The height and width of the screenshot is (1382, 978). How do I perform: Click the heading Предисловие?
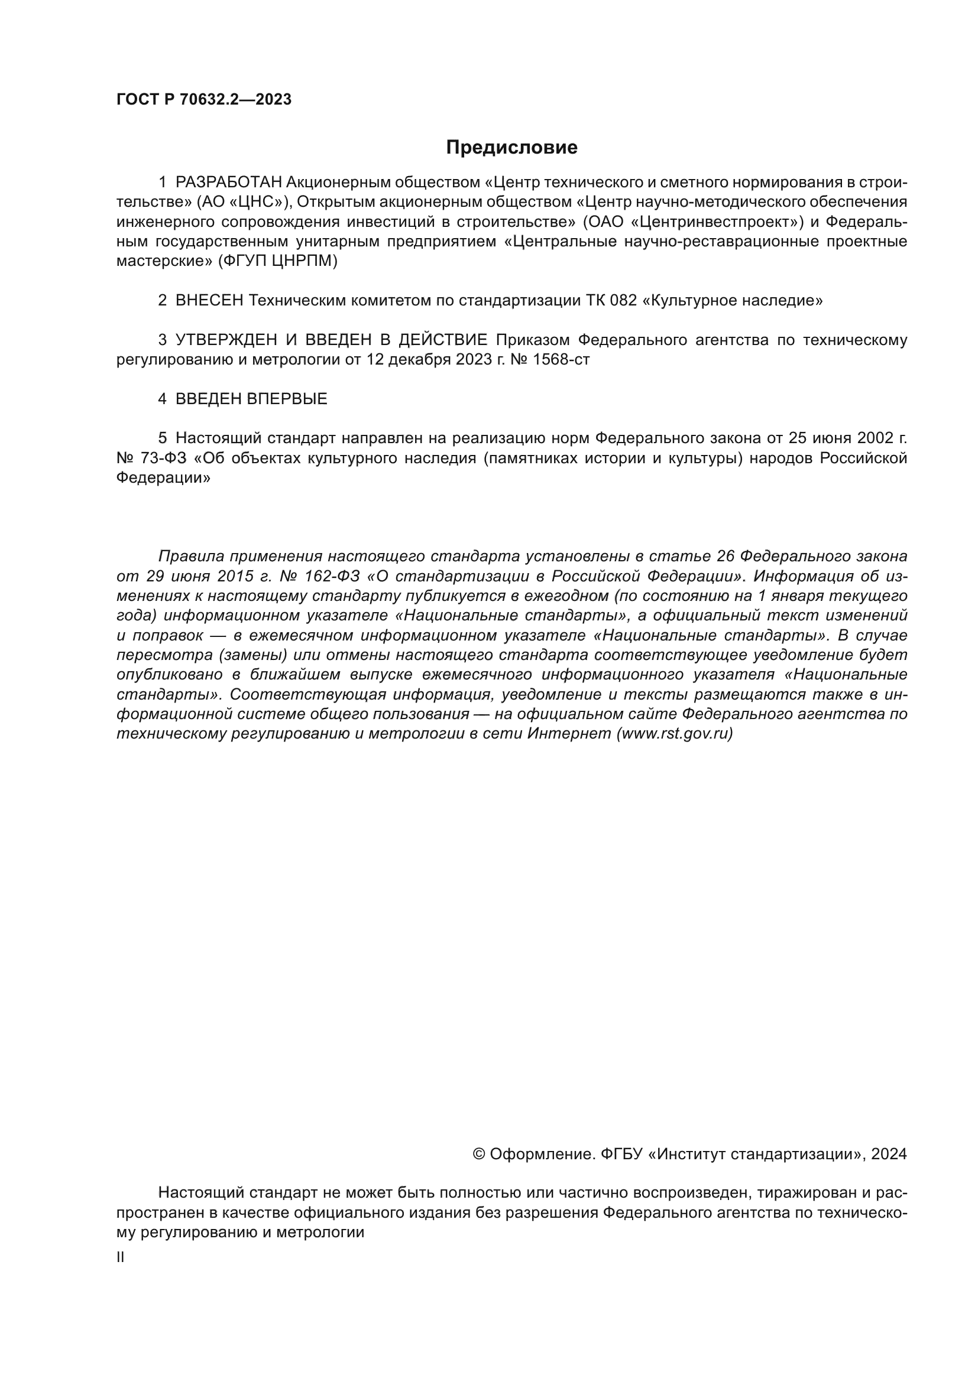[511, 148]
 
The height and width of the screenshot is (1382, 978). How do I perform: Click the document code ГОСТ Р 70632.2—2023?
[203, 100]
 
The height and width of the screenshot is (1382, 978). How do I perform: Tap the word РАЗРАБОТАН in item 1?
[228, 183]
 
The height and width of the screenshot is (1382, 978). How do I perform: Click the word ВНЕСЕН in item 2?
[209, 300]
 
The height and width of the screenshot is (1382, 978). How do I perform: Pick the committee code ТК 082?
[611, 300]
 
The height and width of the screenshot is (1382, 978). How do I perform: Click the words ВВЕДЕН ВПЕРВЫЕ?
[251, 399]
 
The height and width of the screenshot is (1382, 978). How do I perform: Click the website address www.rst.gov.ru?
[675, 734]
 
